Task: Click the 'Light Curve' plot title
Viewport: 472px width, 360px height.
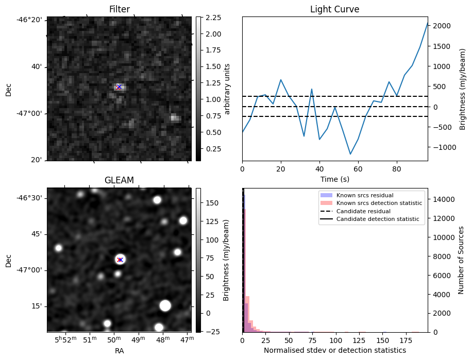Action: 334,9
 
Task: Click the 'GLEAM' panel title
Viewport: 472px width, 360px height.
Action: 119,180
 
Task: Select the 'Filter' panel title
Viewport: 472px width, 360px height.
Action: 119,9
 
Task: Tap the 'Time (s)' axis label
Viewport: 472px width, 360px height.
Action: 334,179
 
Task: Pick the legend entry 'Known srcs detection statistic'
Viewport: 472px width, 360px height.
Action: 379,203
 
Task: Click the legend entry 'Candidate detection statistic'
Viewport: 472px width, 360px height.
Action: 377,219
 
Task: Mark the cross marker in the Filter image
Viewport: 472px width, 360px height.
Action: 119,87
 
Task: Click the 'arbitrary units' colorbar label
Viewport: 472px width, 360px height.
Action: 227,89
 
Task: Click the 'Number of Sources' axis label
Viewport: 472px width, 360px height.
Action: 462,260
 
